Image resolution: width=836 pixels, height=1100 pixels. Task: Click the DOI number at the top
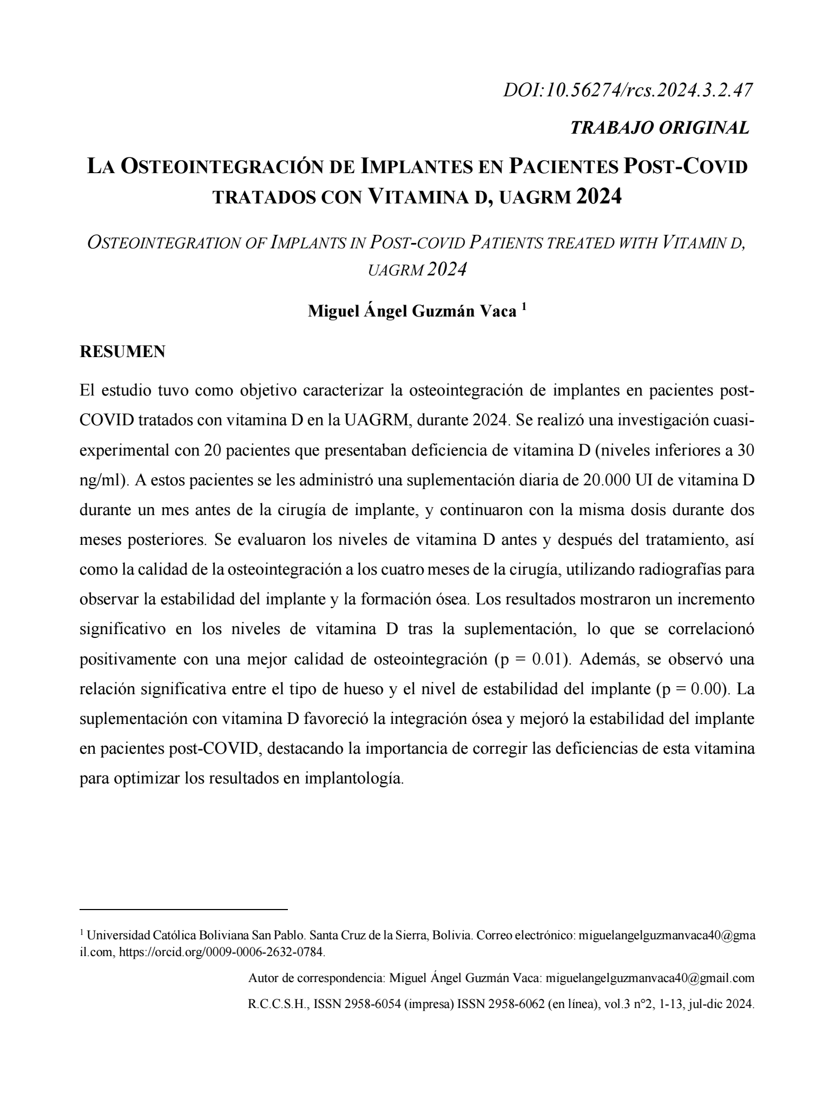tap(628, 90)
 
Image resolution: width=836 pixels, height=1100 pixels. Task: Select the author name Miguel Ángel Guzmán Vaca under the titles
tap(412, 312)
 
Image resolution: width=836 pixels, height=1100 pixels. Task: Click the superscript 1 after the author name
tap(524, 307)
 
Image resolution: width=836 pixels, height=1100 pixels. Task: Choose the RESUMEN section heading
tap(122, 352)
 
